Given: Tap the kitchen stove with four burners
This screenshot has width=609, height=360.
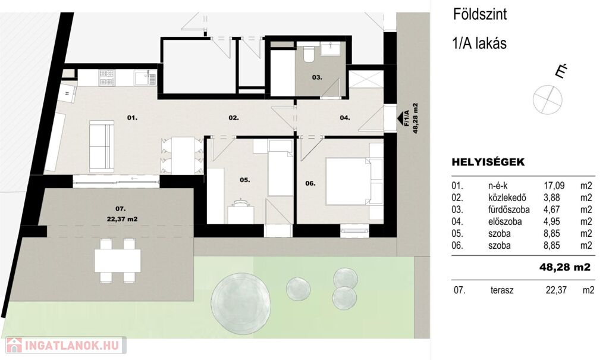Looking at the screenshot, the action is [x=107, y=77].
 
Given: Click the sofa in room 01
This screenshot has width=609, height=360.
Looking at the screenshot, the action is [x=102, y=146].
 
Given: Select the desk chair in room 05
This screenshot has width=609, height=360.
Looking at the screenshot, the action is [x=241, y=203].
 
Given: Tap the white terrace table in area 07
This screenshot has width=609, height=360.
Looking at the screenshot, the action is [x=118, y=261].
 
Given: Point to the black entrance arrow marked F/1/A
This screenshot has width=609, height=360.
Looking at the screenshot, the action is [x=400, y=118].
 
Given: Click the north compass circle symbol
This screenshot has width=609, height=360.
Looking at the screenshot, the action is [x=547, y=99].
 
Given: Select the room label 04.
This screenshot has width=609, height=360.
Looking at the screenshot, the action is [x=345, y=117].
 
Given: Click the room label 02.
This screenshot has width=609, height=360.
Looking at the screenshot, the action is [x=233, y=117].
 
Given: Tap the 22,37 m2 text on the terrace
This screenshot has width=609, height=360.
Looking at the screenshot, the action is [x=122, y=219].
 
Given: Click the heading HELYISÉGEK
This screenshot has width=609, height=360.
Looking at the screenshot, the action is [x=488, y=162].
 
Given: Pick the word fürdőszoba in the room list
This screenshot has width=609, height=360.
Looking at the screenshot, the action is [x=509, y=209].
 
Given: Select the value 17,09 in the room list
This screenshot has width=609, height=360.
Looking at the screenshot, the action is [x=554, y=186].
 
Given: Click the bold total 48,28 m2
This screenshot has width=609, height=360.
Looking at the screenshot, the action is [x=565, y=267].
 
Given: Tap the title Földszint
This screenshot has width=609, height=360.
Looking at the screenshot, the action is [x=480, y=15].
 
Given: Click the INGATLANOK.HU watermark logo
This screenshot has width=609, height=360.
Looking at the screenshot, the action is [x=65, y=345].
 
